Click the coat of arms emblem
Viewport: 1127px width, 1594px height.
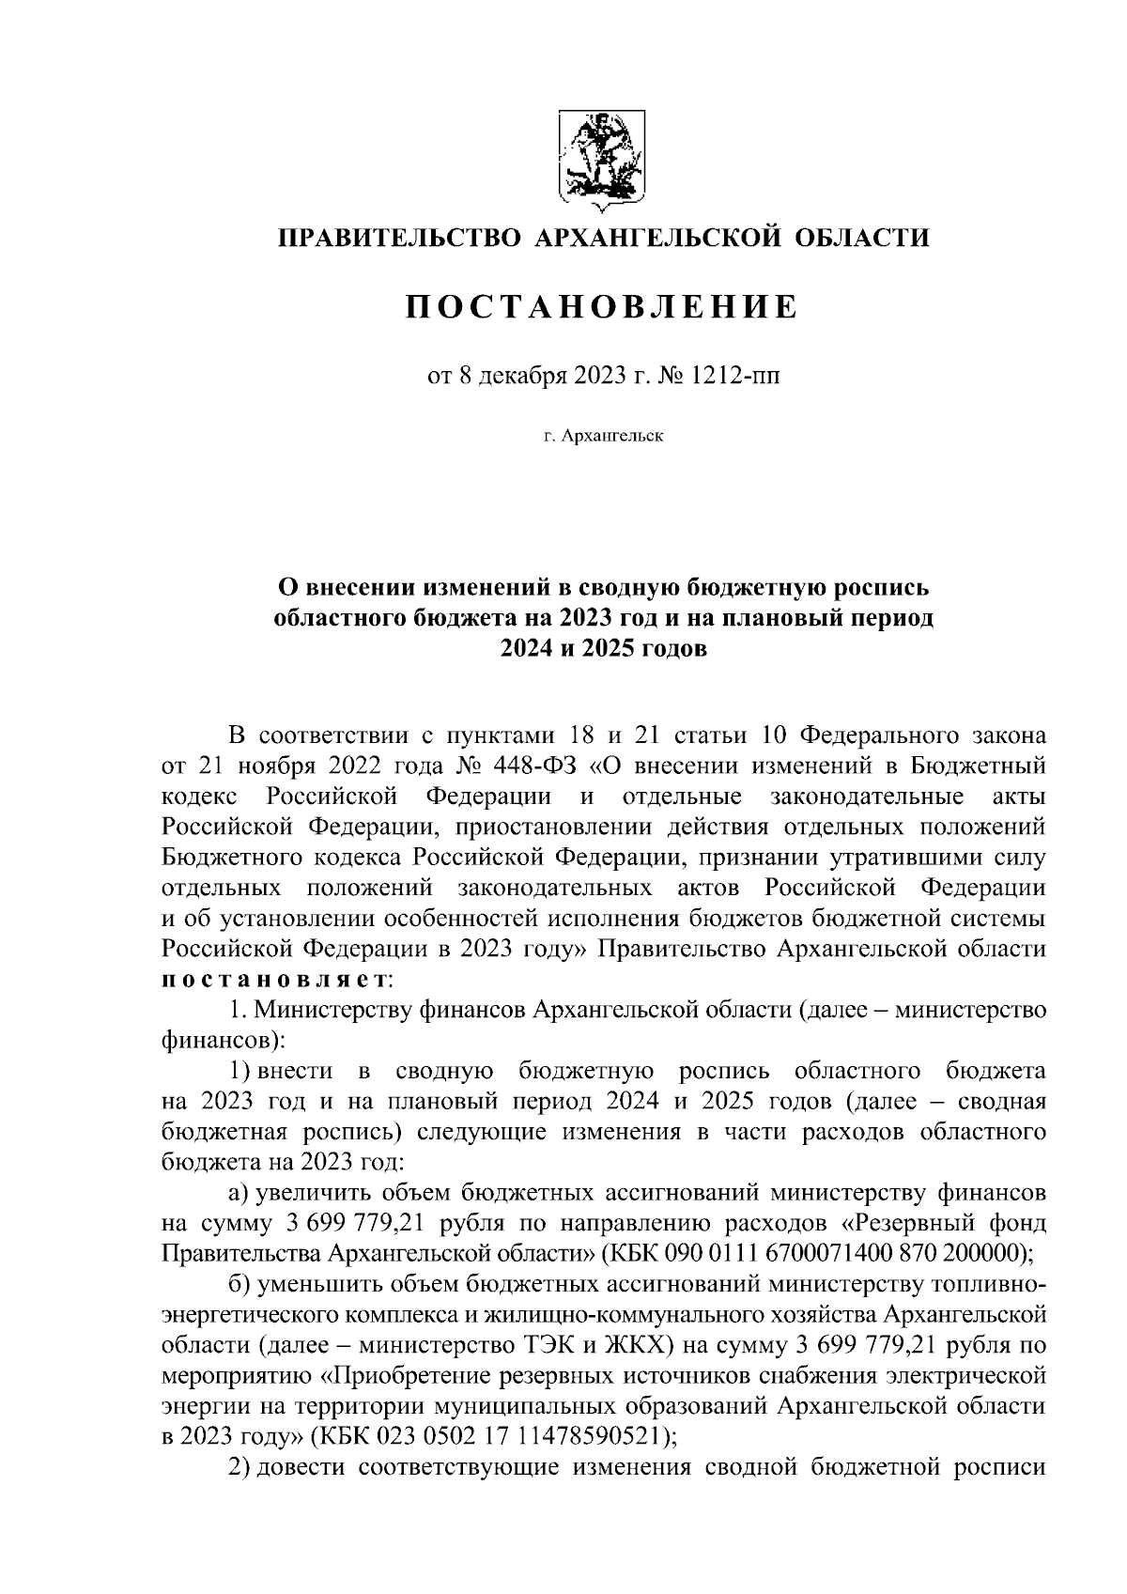click(602, 159)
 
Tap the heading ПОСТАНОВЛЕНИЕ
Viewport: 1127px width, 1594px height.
click(602, 307)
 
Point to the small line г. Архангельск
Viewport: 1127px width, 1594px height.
click(602, 436)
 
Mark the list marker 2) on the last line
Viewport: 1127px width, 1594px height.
click(240, 1466)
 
